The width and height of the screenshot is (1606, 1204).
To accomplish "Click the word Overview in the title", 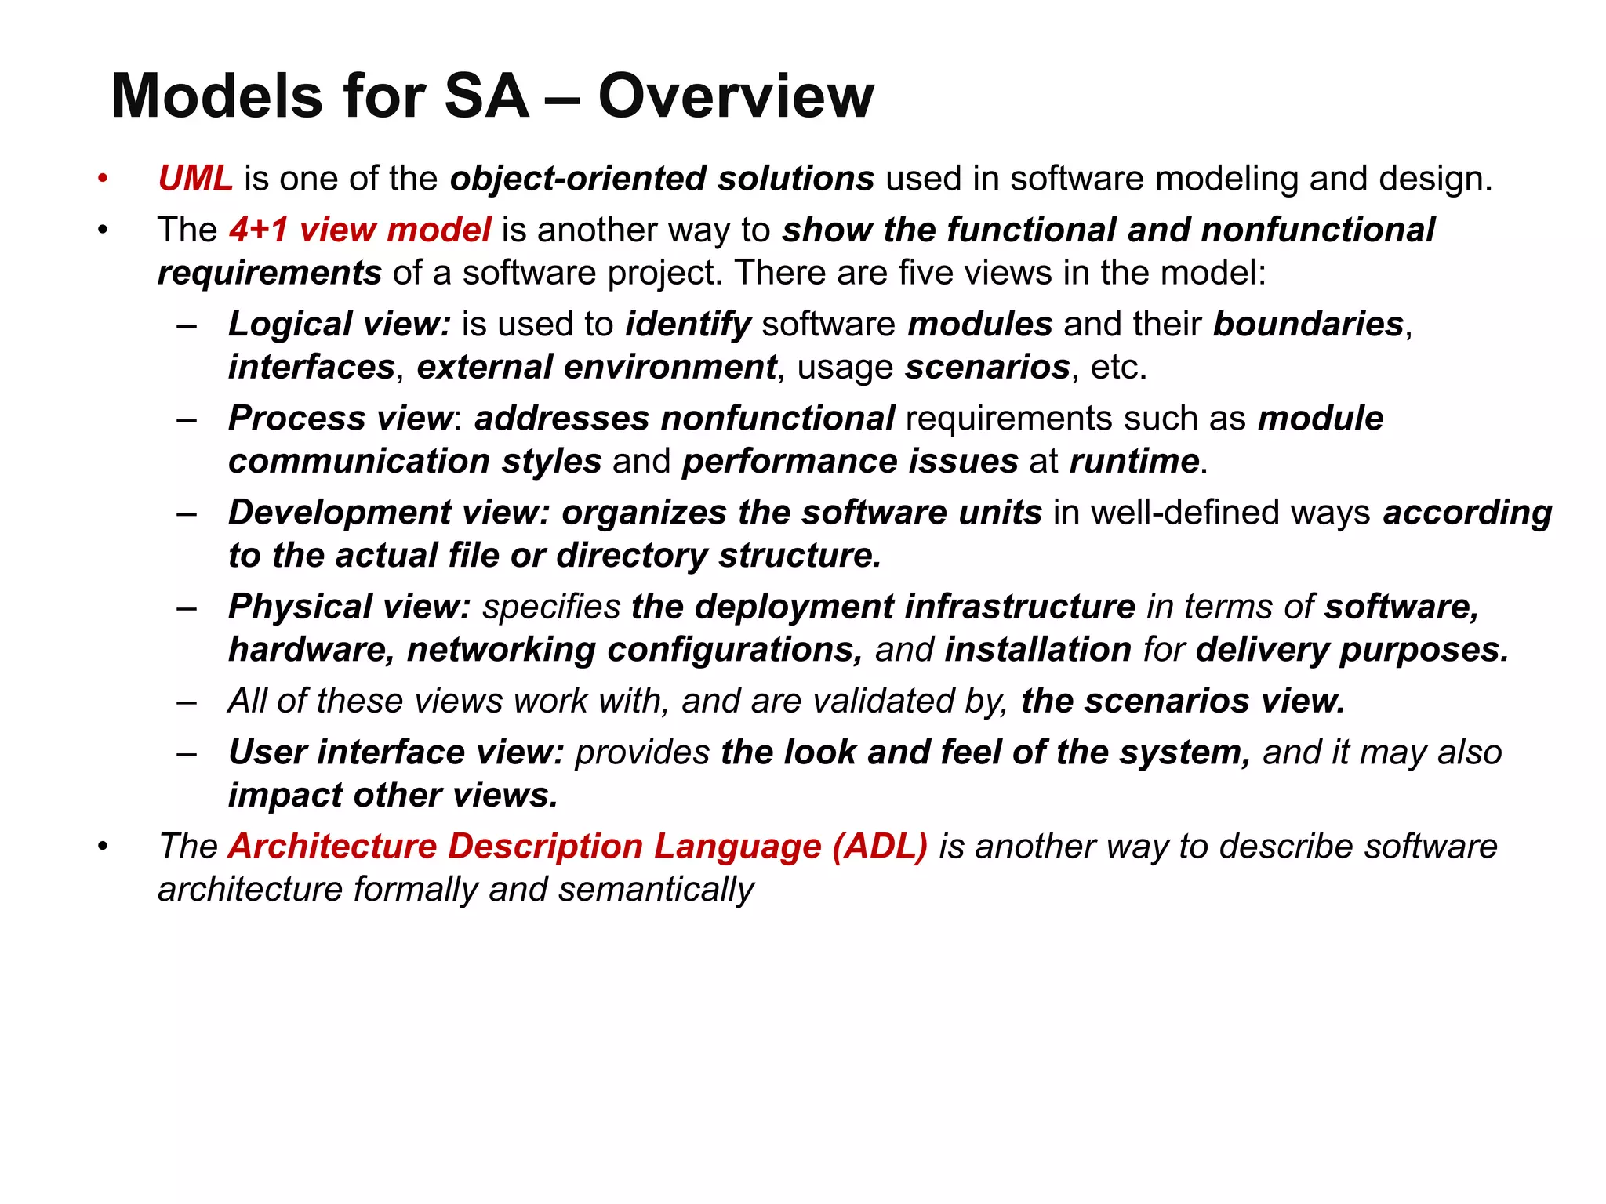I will point(736,96).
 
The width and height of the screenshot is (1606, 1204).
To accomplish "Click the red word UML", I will point(195,179).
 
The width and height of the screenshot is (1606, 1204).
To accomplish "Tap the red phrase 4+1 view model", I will point(360,230).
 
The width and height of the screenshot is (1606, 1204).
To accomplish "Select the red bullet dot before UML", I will point(102,180).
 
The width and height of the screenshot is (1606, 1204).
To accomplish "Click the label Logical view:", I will point(339,324).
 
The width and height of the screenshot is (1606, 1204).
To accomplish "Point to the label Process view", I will point(340,418).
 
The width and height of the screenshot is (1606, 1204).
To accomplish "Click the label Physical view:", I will point(349,606).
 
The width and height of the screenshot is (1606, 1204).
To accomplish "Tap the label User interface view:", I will point(396,752).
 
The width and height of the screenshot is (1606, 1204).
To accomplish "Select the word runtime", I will point(1134,461).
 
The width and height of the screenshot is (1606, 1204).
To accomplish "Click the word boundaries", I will point(1308,324).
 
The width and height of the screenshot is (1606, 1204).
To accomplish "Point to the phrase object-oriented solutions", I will point(662,179).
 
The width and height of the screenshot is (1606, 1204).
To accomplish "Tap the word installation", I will point(1037,649).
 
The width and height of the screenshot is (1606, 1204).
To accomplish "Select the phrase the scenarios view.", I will point(1183,700).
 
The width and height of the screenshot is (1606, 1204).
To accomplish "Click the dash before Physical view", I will point(187,607).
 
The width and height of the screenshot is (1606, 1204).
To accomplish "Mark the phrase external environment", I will point(597,367).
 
